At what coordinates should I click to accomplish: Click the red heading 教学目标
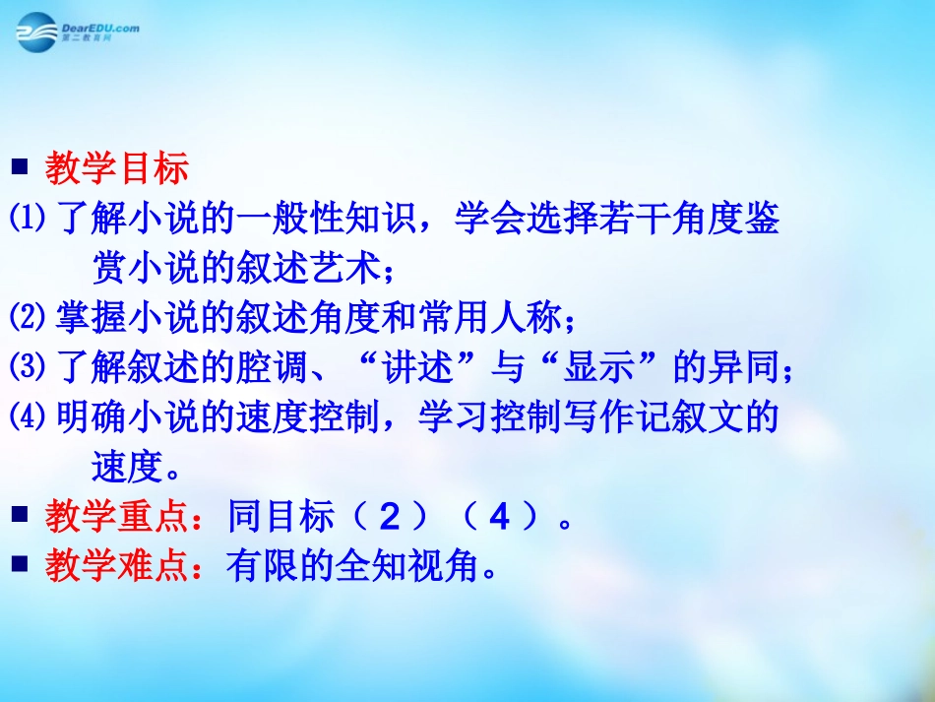tap(116, 170)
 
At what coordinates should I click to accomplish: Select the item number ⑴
tap(28, 220)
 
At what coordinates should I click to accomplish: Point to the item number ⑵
tap(28, 317)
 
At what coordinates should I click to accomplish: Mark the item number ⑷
tap(28, 418)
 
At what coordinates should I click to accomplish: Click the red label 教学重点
tap(116, 516)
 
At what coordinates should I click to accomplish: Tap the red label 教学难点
tap(116, 566)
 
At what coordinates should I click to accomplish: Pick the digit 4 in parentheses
tap(499, 517)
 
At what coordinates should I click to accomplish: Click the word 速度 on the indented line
tap(126, 468)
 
